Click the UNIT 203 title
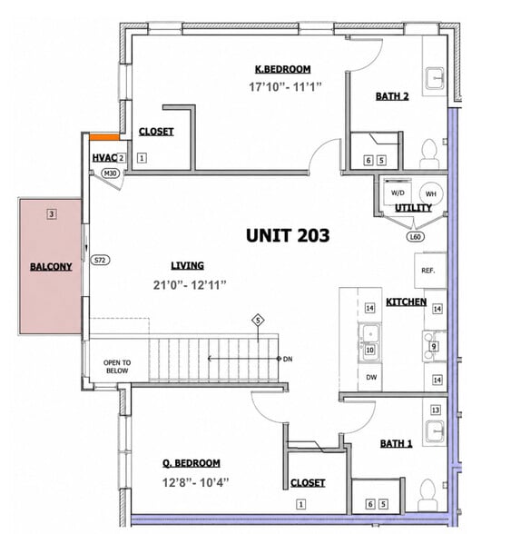[x=288, y=236]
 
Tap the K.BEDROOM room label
[x=283, y=69]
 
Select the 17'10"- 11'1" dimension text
[x=285, y=87]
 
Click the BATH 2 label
[x=392, y=96]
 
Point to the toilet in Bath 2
[x=429, y=153]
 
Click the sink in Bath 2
[x=435, y=78]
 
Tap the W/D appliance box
[x=398, y=193]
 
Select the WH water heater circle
[x=431, y=193]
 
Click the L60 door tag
[x=416, y=236]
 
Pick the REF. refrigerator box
[x=430, y=271]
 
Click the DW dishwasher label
[x=371, y=377]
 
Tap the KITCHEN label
[x=406, y=302]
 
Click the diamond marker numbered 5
[x=258, y=320]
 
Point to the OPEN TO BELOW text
[x=117, y=367]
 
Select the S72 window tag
[x=100, y=260]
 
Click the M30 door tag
[x=111, y=173]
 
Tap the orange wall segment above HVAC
[x=104, y=137]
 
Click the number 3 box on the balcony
[x=52, y=214]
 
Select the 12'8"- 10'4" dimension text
[x=195, y=482]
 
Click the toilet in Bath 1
[x=427, y=494]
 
